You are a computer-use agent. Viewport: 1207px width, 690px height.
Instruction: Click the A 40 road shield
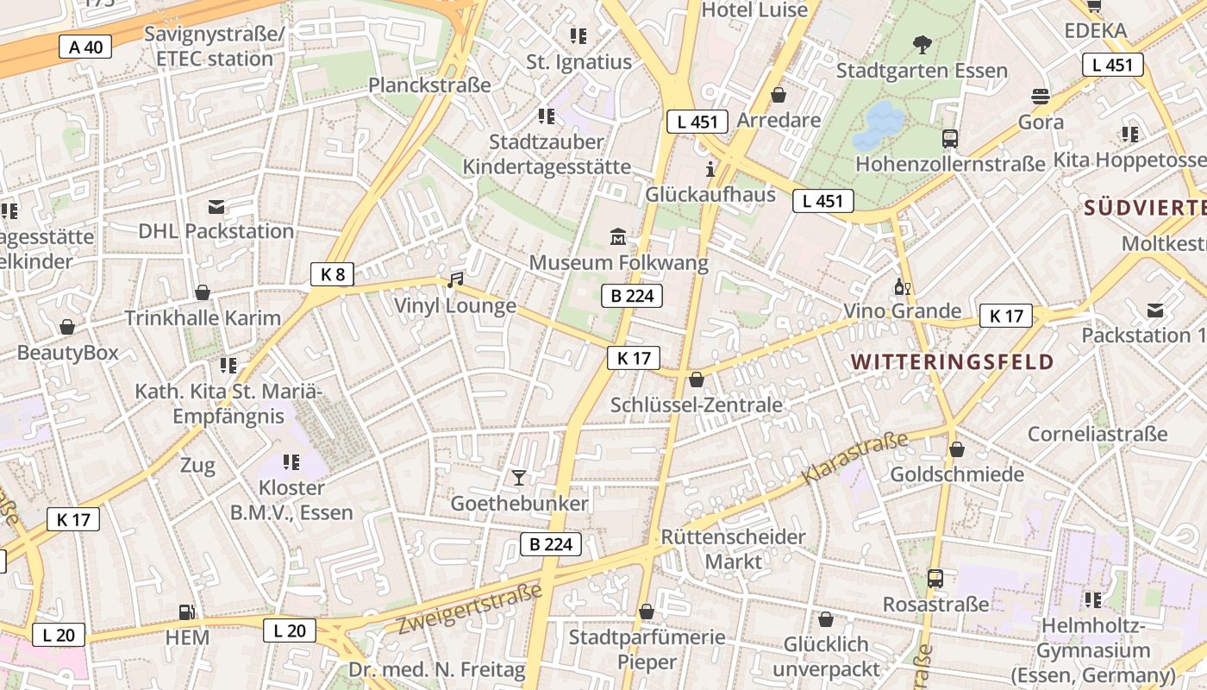pos(85,47)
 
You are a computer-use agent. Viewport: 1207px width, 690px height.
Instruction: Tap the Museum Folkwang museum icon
pos(618,236)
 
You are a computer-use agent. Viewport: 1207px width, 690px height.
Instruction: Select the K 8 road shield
pos(332,275)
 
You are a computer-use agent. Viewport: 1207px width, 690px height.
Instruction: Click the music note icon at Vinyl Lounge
pos(455,280)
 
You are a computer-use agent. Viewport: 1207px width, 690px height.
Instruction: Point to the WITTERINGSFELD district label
pos(953,361)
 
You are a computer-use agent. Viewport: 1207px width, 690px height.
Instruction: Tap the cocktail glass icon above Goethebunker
pos(518,477)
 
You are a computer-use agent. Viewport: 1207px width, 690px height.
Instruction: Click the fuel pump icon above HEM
pos(186,612)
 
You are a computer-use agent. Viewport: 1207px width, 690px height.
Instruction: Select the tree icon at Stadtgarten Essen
pos(922,44)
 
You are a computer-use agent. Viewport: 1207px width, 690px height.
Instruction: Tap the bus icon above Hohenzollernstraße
pos(950,138)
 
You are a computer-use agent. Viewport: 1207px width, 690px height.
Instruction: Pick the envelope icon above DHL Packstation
pos(216,207)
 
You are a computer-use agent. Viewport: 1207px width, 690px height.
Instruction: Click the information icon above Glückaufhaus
pos(710,169)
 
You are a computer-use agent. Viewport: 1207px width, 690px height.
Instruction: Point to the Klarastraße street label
pos(855,458)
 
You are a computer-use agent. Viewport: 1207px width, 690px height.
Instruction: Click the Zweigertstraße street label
pos(469,609)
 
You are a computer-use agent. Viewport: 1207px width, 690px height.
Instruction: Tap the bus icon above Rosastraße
pos(935,578)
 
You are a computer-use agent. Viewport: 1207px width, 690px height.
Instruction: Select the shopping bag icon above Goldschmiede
pos(957,449)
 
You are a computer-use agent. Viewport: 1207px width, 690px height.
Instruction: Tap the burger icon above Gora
pos(1041,96)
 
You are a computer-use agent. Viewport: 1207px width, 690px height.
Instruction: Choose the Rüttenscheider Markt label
pos(733,549)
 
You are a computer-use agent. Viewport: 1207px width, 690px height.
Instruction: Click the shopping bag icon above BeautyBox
pos(67,327)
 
